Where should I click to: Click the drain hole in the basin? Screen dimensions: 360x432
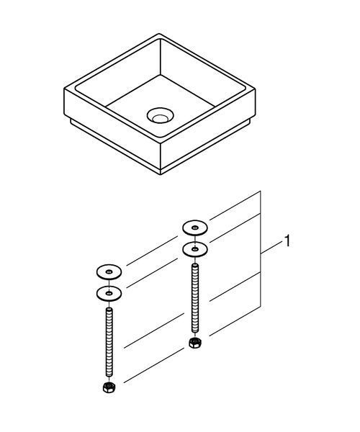160,115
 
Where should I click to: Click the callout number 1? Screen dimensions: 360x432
287,241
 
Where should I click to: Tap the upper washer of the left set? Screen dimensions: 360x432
109,272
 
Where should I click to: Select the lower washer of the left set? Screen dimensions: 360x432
109,294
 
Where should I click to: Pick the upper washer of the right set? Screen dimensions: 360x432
195,228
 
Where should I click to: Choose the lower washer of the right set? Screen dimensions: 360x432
195,249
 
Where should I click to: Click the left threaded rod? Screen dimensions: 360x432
109,342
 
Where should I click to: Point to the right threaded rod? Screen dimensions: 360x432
195,298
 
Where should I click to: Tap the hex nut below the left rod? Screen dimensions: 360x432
109,387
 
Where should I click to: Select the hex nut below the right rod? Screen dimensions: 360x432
195,343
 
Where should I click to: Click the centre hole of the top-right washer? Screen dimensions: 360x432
195,228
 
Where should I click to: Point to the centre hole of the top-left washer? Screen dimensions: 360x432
109,272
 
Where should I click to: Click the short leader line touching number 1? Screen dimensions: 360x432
272,247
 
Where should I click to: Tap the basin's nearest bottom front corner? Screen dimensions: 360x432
161,174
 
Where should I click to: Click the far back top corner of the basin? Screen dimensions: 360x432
159,34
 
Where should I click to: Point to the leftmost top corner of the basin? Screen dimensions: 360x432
65,89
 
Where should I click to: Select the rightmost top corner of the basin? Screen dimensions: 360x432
255,89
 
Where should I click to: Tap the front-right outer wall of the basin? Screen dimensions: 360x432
207,130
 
